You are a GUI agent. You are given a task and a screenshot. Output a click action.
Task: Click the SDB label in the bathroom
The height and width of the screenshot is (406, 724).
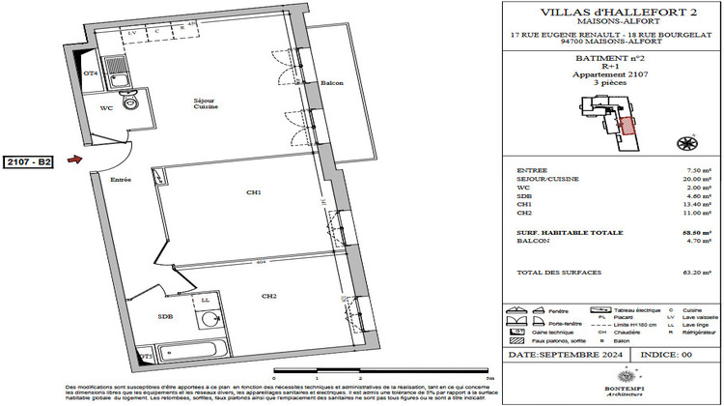(x=166, y=316)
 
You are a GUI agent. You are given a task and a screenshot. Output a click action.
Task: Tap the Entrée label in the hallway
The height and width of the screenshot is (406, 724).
(x=121, y=180)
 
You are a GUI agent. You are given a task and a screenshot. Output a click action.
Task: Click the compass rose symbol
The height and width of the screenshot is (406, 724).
(x=688, y=144)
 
